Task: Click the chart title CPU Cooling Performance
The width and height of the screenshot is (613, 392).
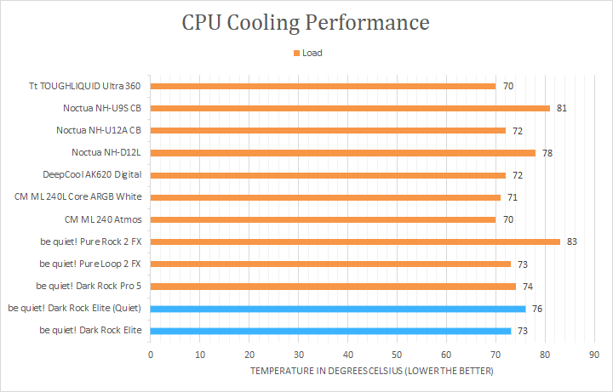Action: point(306,23)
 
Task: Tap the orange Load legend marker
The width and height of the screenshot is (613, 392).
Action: point(296,53)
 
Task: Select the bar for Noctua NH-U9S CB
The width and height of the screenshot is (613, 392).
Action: point(350,108)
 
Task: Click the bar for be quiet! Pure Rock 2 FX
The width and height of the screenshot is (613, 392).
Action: point(355,241)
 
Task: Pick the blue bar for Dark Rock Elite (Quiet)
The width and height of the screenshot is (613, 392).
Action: point(338,308)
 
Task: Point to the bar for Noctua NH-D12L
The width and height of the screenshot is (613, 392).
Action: point(343,152)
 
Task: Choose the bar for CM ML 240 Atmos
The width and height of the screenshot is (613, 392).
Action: point(323,219)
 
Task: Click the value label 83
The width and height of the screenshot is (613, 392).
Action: point(572,241)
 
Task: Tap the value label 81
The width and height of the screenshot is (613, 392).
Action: point(562,108)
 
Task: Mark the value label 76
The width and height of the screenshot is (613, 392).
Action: point(537,308)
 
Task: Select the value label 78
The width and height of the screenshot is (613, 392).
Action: point(547,152)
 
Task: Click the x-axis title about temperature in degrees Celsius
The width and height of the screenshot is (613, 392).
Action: point(372,372)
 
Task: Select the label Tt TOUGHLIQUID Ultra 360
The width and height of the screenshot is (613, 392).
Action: point(84,86)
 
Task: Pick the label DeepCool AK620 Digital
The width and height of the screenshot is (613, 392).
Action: point(91,174)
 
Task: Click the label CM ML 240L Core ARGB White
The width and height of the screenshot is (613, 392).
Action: point(78,196)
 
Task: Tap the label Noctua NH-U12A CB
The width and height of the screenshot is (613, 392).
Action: point(98,130)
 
